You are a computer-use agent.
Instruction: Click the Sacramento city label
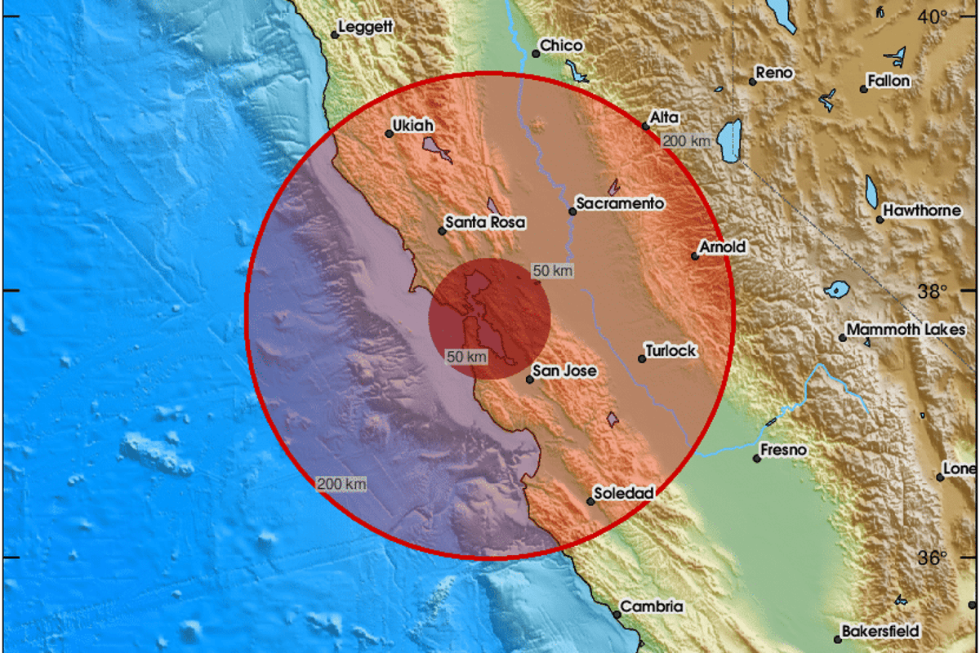(620, 203)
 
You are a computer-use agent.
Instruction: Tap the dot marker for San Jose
(529, 379)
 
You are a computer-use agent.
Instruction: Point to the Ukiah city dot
(390, 134)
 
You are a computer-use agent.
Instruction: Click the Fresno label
(783, 450)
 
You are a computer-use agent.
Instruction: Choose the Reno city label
(774, 73)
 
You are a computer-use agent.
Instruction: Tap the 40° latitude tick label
(932, 16)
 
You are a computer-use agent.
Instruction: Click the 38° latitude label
(932, 291)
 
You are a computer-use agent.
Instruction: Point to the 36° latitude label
(932, 558)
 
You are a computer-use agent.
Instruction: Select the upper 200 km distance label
(686, 141)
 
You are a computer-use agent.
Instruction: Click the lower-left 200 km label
(341, 484)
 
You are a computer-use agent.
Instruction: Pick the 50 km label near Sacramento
(552, 270)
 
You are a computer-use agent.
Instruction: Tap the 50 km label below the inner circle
(466, 356)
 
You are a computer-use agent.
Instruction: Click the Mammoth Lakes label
(894, 330)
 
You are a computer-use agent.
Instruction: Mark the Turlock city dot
(642, 358)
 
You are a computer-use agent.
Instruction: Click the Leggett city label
(366, 27)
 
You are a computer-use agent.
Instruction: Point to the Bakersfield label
(883, 631)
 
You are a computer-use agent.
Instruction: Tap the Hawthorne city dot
(880, 219)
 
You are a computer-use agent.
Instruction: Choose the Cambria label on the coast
(652, 606)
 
